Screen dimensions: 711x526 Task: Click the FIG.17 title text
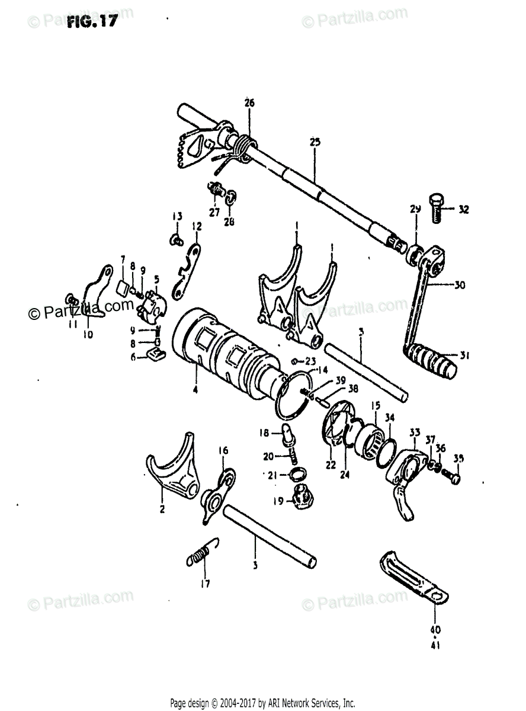[91, 23]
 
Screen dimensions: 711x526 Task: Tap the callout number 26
[249, 103]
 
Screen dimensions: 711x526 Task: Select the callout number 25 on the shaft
[315, 142]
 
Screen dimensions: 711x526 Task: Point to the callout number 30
[459, 284]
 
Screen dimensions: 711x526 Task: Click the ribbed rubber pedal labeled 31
[432, 358]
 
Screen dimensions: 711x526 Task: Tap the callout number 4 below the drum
[195, 390]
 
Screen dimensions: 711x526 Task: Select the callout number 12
[197, 226]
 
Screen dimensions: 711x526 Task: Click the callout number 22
[331, 464]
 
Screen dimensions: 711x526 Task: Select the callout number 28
[229, 222]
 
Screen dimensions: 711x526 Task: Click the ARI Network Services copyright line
[262, 703]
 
